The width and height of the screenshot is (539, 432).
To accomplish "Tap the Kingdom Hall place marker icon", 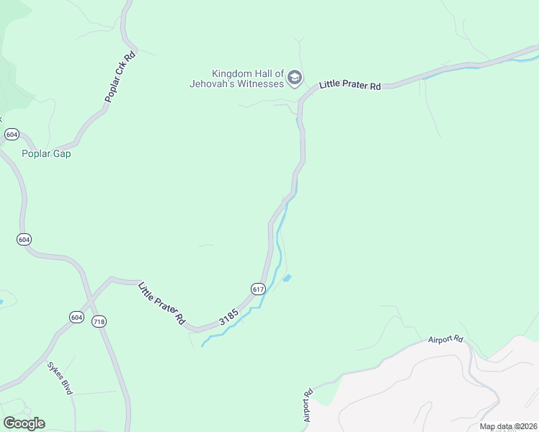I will coord(294,78).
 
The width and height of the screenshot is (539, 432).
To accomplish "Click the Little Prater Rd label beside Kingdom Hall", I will coord(350,86).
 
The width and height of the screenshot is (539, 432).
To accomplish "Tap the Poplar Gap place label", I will coord(46,153).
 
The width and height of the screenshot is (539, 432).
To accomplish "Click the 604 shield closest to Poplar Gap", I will coord(11,135).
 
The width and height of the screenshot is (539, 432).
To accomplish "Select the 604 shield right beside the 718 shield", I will coord(77,318).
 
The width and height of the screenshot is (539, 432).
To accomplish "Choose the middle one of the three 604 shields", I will coord(24,240).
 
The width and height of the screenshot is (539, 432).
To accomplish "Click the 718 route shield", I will coord(99,322).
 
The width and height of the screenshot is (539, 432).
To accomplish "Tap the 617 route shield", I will coord(259,289).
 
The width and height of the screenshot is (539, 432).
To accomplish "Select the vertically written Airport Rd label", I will coord(308,406).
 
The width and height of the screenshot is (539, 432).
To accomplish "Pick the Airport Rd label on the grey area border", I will coord(445,339).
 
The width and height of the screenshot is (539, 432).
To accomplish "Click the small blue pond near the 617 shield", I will coord(288,278).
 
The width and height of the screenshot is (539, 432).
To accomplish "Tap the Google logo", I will coord(24,423).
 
